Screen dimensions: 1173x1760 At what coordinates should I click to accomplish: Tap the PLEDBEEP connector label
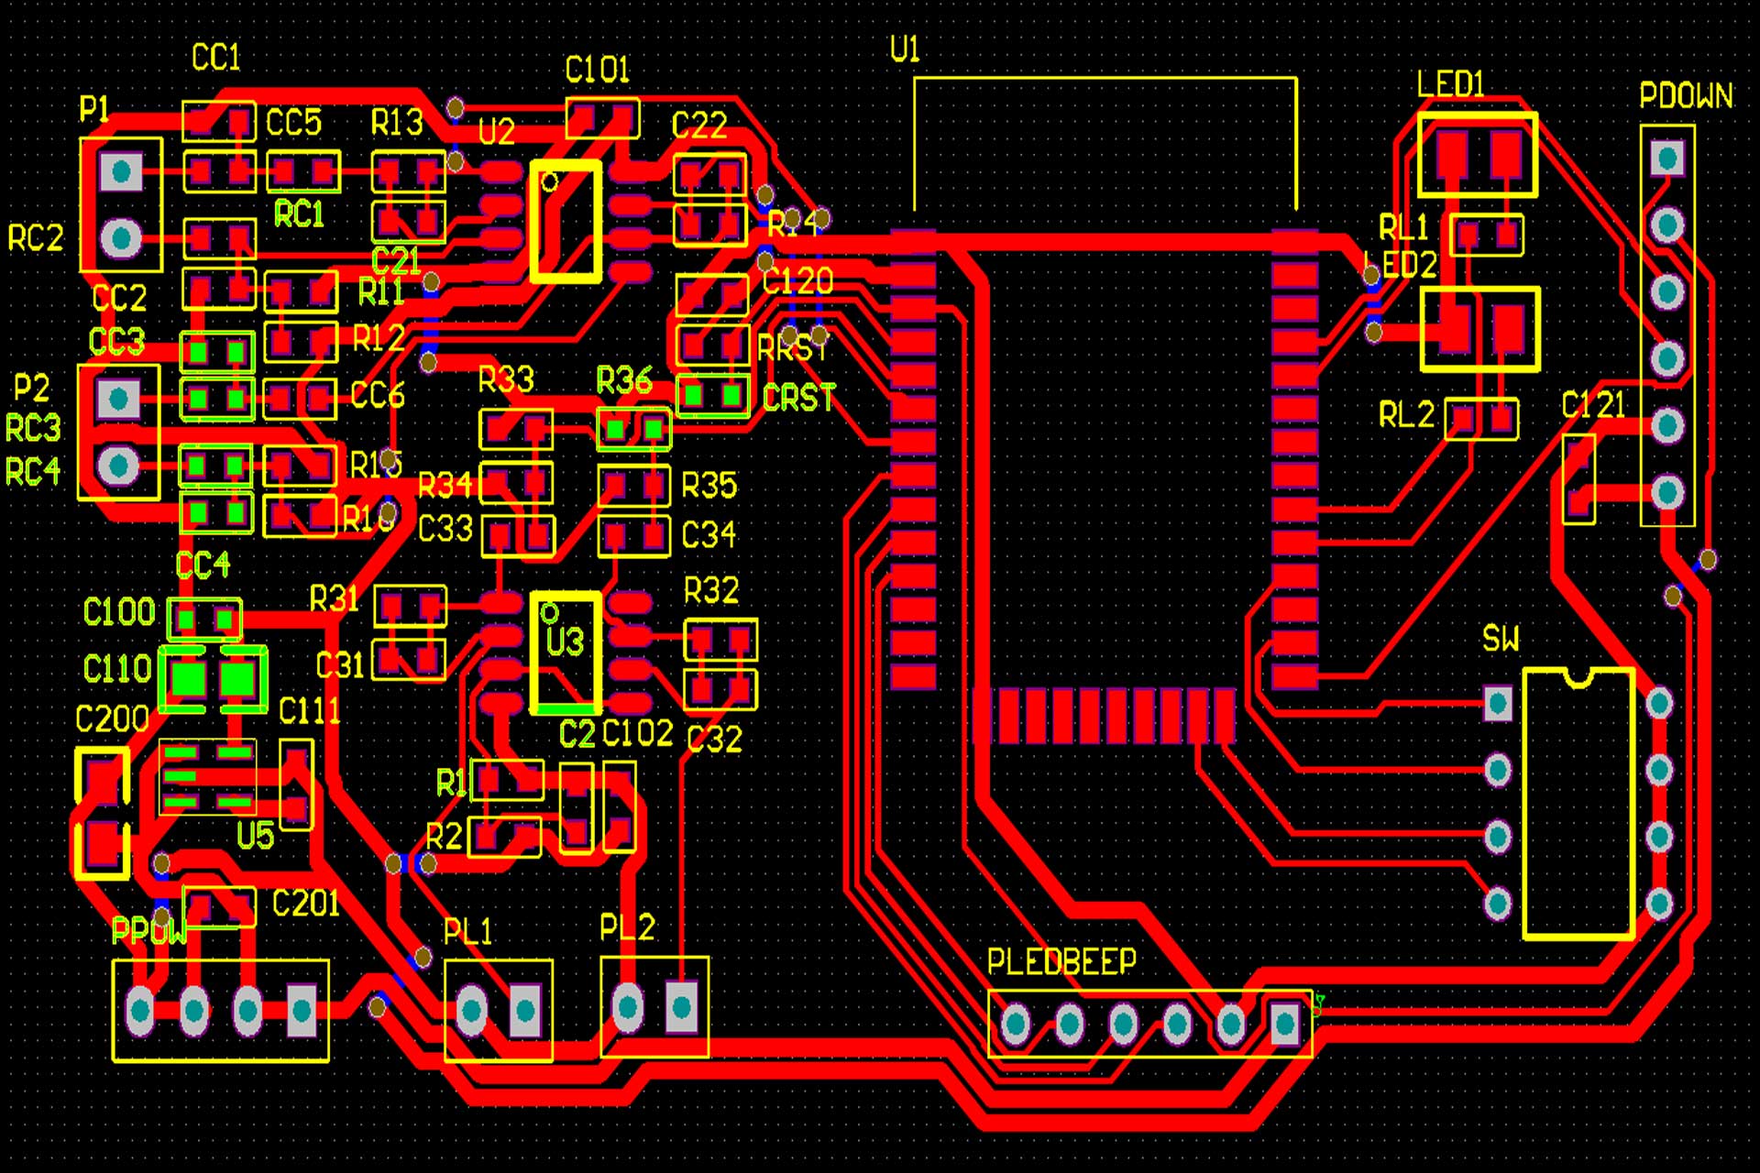pyautogui.click(x=1061, y=961)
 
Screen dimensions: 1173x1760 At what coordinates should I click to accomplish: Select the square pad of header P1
pyautogui.click(x=121, y=171)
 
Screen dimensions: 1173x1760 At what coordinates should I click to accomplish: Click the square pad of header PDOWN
pyautogui.click(x=1666, y=159)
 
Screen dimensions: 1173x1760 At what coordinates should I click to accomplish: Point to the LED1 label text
pyautogui.click(x=1449, y=84)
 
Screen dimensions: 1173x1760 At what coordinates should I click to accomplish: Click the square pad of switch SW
pyautogui.click(x=1498, y=704)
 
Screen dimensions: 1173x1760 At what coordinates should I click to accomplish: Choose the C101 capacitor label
pyautogui.click(x=597, y=70)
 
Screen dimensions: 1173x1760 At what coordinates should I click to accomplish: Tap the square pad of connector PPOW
pyautogui.click(x=302, y=1010)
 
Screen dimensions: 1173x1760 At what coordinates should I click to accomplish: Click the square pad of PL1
pyautogui.click(x=525, y=1010)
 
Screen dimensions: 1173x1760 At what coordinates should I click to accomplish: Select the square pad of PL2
pyautogui.click(x=681, y=1008)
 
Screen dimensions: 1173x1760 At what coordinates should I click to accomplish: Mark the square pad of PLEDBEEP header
pyautogui.click(x=1284, y=1023)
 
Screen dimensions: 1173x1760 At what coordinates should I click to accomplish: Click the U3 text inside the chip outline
pyautogui.click(x=565, y=641)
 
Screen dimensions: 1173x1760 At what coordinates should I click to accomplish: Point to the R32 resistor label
pyautogui.click(x=711, y=591)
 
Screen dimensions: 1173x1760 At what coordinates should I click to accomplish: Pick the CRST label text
pyautogui.click(x=798, y=398)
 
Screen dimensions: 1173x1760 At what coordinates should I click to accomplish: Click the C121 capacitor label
pyautogui.click(x=1593, y=404)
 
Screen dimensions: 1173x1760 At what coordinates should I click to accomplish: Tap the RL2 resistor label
pyautogui.click(x=1405, y=415)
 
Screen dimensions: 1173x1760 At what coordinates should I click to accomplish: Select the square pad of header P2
pyautogui.click(x=118, y=399)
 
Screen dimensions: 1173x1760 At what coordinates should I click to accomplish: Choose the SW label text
pyautogui.click(x=1500, y=639)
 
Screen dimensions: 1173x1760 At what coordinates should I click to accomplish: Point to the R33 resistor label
pyautogui.click(x=506, y=379)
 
